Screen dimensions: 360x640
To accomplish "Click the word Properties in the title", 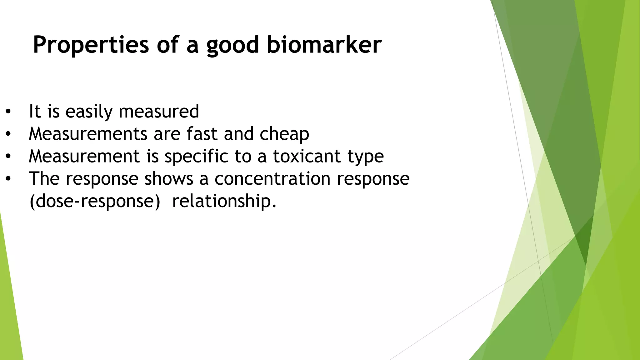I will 91,45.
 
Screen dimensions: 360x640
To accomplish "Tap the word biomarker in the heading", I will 324,45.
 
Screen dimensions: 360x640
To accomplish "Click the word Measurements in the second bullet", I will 88,134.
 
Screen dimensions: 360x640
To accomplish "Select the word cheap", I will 284,134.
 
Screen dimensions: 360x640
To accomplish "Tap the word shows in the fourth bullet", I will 169,179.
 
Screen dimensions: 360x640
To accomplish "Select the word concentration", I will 272,179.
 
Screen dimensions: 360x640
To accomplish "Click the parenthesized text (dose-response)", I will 95,201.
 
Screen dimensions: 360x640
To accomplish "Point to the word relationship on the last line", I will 224,201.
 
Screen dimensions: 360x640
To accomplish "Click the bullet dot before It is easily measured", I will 8,112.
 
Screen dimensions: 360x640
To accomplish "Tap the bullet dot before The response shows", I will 8,179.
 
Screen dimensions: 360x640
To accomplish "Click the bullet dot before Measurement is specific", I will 8,157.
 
